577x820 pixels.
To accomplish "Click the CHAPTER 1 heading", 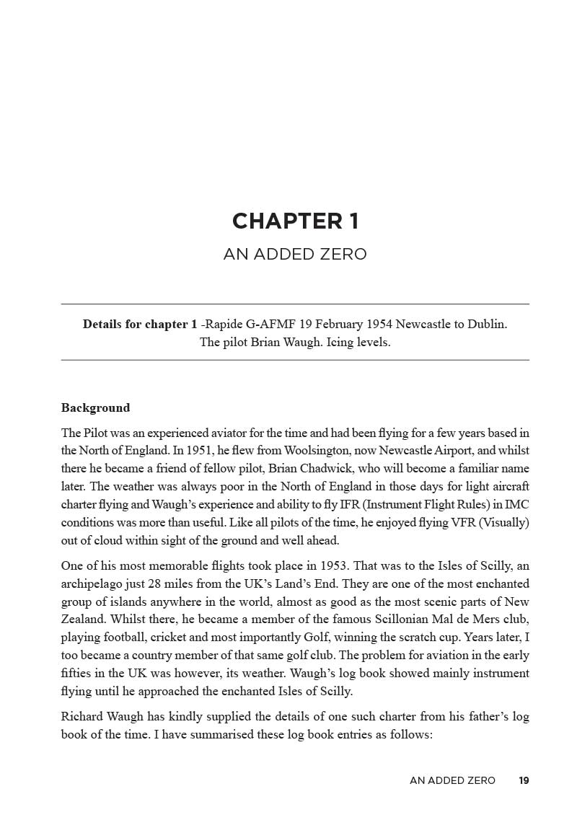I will click(x=295, y=221).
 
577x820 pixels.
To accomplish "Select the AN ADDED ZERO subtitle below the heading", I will click(x=295, y=255).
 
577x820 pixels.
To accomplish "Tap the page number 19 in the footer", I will click(x=524, y=780).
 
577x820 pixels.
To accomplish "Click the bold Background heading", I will click(x=95, y=408).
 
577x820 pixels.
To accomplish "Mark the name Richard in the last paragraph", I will click(x=82, y=718).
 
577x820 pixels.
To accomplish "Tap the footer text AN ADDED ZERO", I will click(x=452, y=780).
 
